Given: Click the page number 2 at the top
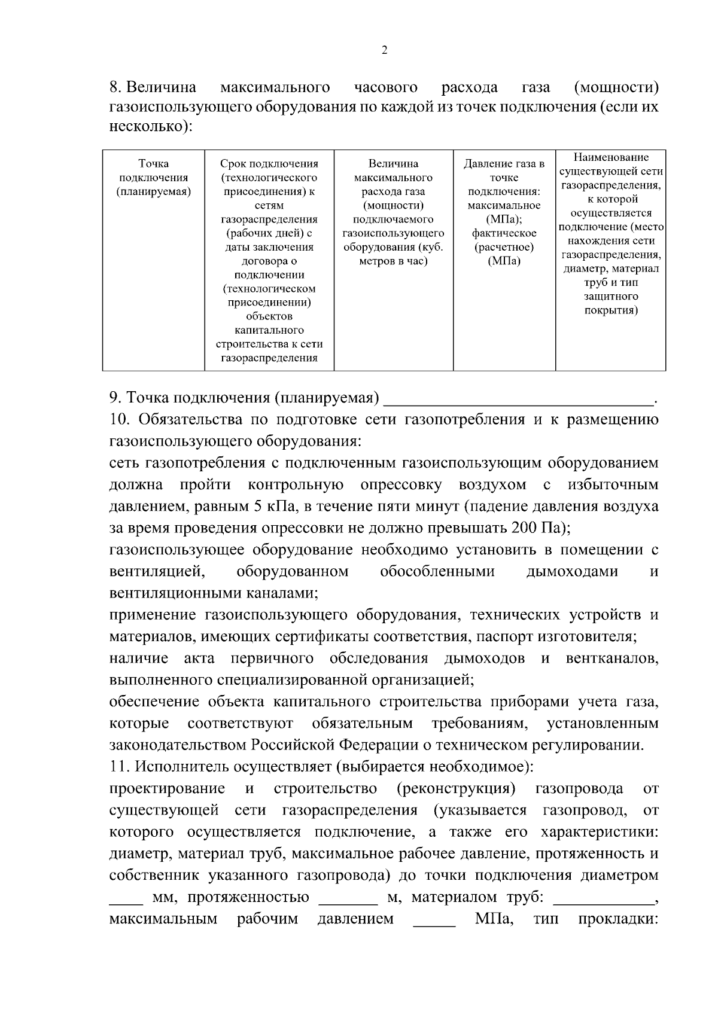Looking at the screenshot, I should [384, 51].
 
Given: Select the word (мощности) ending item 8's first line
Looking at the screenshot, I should [616, 87].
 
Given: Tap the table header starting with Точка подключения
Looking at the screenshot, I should [154, 178].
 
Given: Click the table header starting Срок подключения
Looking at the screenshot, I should [269, 260].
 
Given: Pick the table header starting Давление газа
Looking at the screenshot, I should [504, 212].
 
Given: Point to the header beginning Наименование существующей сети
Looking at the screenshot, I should [611, 233].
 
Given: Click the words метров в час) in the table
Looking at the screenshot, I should [393, 261].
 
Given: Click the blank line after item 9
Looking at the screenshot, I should [519, 399].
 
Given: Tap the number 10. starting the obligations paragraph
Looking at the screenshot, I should [121, 420].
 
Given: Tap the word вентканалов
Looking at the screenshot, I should [611, 659].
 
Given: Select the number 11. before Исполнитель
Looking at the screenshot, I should [120, 767].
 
